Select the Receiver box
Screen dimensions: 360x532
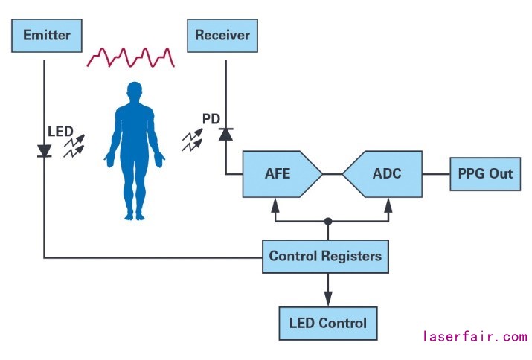click(222, 35)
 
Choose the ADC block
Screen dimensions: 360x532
click(384, 174)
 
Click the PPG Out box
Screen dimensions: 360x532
click(484, 174)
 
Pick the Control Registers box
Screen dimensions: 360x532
click(325, 257)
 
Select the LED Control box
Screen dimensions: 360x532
click(327, 323)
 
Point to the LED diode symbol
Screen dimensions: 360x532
click(44, 150)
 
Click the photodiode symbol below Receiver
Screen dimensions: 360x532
click(225, 134)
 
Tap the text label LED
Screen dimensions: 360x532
click(60, 131)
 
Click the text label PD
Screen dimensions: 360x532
click(211, 118)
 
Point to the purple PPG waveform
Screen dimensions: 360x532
click(131, 57)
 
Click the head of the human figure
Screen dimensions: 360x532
click(135, 92)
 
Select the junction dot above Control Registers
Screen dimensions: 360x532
click(327, 221)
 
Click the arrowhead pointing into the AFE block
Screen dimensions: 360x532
click(276, 202)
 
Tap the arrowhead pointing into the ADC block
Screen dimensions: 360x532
click(388, 202)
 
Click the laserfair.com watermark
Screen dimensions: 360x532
click(474, 337)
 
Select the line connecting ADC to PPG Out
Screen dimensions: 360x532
click(435, 174)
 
